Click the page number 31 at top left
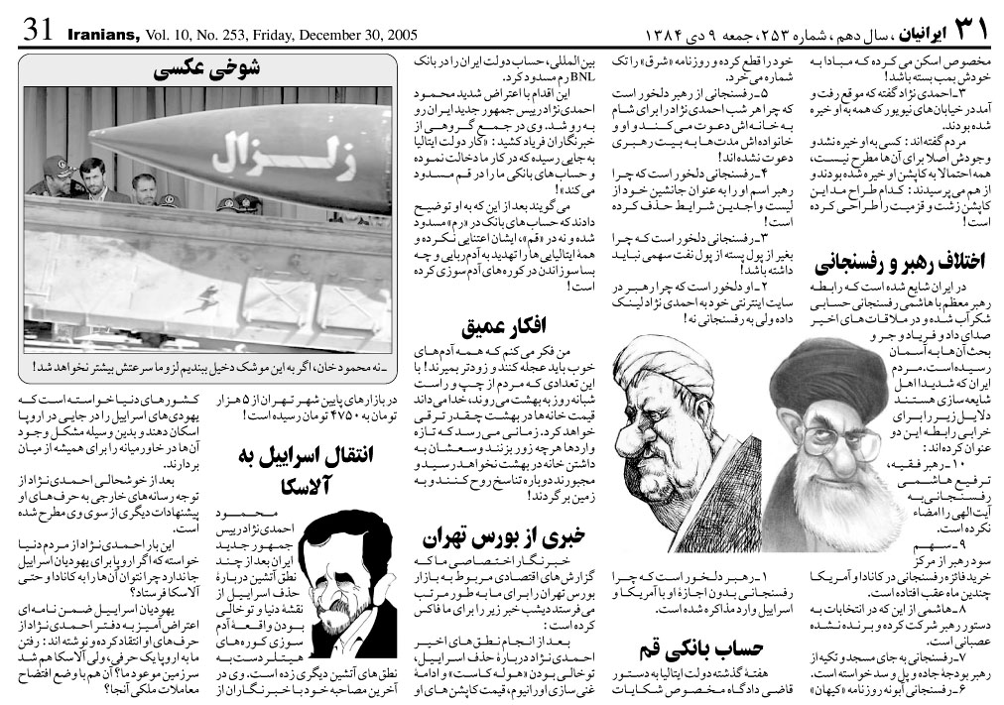tap(37, 28)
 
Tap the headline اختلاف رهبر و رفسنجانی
tap(899, 263)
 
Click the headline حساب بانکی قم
tap(700, 649)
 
